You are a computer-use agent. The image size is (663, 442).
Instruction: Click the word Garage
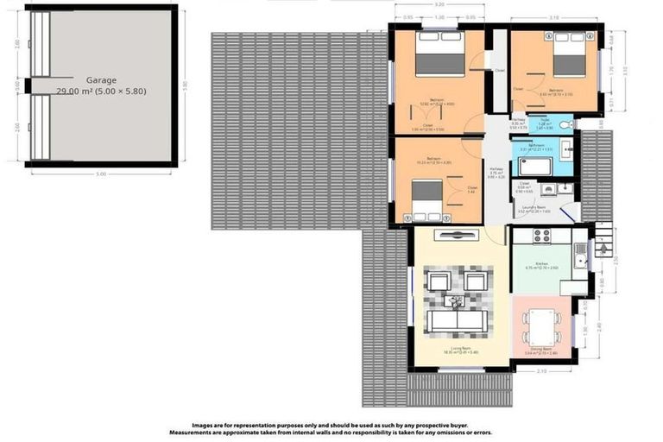(101, 80)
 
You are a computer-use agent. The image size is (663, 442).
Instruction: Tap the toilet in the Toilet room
(566, 125)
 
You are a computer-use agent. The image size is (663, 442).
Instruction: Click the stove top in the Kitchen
(541, 235)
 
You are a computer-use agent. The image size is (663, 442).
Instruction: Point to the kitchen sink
(581, 254)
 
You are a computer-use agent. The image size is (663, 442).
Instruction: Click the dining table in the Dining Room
(542, 326)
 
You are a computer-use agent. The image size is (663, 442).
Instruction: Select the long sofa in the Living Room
(458, 321)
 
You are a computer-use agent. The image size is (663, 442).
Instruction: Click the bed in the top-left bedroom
(439, 55)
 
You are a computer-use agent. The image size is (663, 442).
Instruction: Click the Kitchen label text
(541, 263)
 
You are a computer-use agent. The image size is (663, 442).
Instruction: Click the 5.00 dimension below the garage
(100, 174)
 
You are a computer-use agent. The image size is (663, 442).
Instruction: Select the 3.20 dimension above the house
(439, 5)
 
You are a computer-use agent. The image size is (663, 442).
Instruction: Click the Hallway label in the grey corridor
(496, 169)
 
